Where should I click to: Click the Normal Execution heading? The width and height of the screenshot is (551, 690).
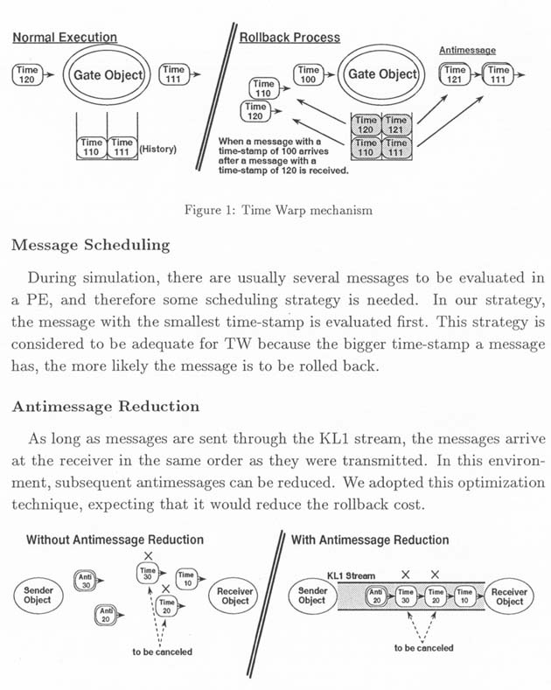coord(65,38)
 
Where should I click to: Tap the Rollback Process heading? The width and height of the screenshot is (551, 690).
coord(289,38)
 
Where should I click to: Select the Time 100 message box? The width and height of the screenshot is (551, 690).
coord(308,74)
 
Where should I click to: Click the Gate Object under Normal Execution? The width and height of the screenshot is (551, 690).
coord(108,75)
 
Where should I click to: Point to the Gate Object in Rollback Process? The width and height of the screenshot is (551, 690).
coord(382,74)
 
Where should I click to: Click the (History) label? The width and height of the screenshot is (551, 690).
coord(158,149)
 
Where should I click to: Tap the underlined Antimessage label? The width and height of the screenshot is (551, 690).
coord(467,50)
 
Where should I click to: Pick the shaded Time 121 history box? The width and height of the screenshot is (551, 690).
coord(395,125)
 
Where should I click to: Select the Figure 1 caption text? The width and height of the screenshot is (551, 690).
coord(278,210)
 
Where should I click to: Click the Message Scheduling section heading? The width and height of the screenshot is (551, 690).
coord(91,245)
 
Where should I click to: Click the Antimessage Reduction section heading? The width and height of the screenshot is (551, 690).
coord(106,406)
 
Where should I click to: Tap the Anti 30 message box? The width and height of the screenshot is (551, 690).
coord(86,581)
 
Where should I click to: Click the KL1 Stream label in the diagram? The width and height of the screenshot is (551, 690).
coord(351,575)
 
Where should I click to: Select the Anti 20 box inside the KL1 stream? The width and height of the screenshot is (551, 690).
coord(376,596)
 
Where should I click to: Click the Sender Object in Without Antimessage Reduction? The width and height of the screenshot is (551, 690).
coord(38,596)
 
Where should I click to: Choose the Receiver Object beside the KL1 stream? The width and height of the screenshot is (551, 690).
coord(509,596)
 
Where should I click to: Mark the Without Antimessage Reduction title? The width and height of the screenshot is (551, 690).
coord(115,540)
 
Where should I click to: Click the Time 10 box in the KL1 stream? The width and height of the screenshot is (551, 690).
coord(464,596)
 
